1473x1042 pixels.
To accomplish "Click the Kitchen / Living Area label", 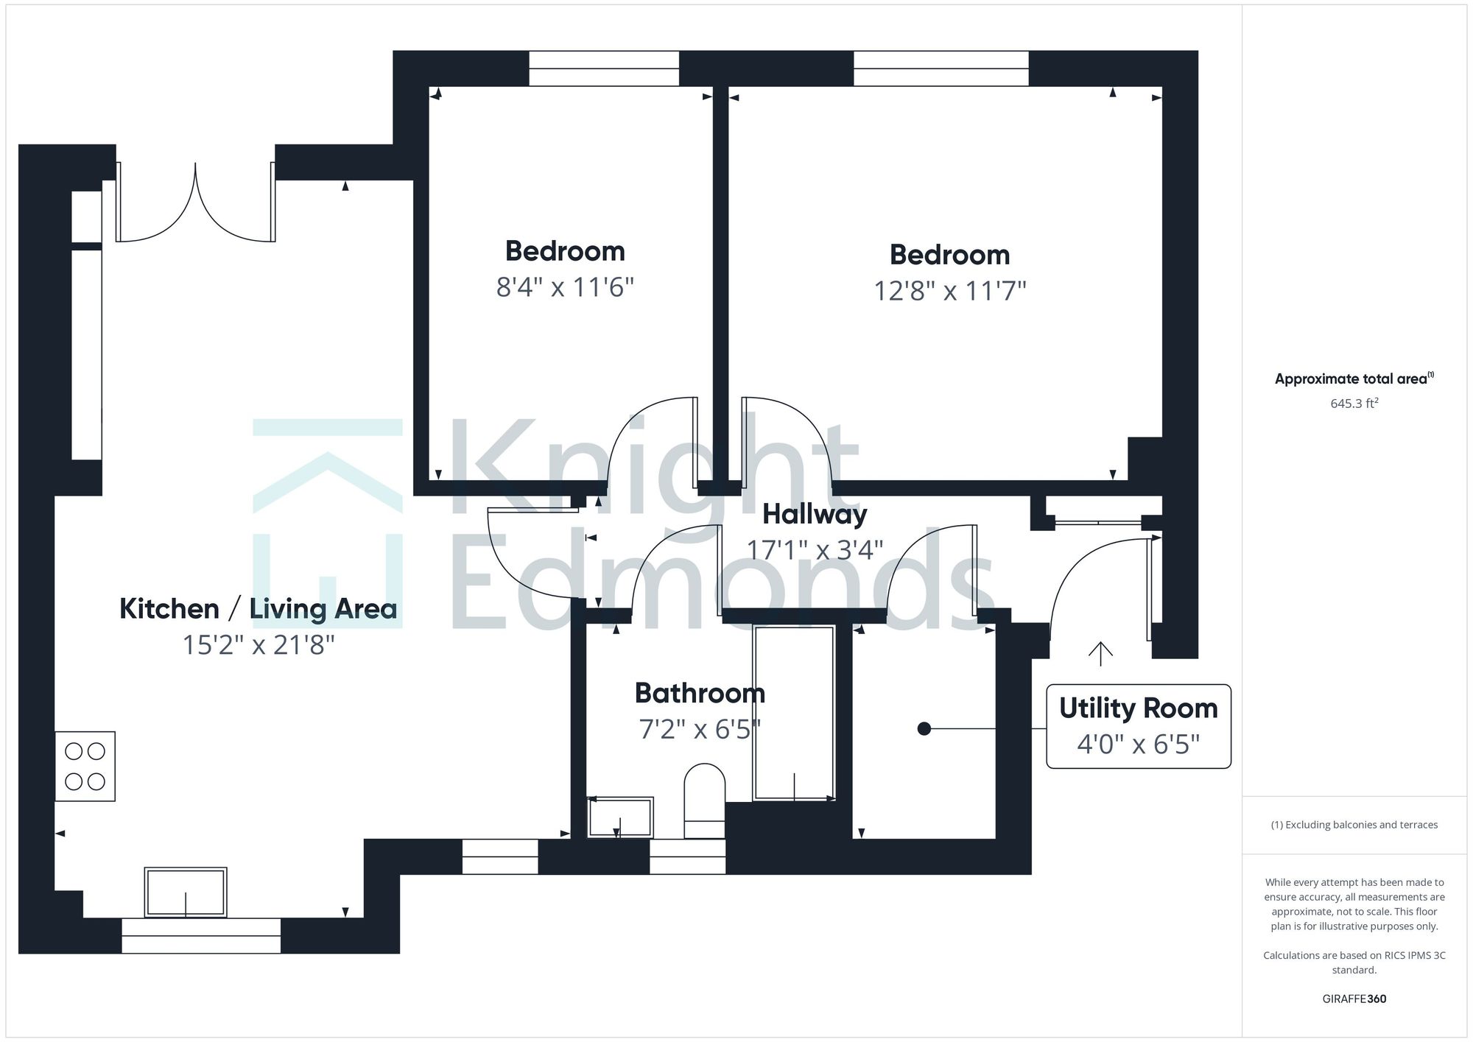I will pyautogui.click(x=258, y=609).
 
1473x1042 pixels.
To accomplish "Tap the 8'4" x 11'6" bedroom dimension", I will pyautogui.click(x=565, y=287).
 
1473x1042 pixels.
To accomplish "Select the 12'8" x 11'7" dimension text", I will pyautogui.click(x=949, y=291).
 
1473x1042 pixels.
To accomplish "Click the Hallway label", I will pyautogui.click(x=815, y=514).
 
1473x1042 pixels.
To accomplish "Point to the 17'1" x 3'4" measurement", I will pyautogui.click(x=815, y=550).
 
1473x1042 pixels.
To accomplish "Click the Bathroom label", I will pyautogui.click(x=700, y=693).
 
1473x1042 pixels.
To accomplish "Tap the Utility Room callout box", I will pyautogui.click(x=1138, y=726).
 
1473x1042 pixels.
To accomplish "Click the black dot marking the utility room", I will pyautogui.click(x=924, y=728).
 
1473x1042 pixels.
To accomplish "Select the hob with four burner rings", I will pyautogui.click(x=85, y=766).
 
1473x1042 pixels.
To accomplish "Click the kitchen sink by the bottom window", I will pyautogui.click(x=186, y=892).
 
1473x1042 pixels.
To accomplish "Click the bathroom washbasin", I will pyautogui.click(x=620, y=817).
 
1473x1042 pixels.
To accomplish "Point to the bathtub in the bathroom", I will pyautogui.click(x=794, y=713).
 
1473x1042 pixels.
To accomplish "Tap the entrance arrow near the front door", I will pyautogui.click(x=1100, y=653).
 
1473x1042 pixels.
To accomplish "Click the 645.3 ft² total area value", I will pyautogui.click(x=1354, y=404).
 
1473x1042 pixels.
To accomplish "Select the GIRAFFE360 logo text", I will pyautogui.click(x=1354, y=999).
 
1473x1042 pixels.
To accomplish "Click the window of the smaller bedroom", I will pyautogui.click(x=604, y=68).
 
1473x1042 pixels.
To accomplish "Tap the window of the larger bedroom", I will pyautogui.click(x=941, y=68).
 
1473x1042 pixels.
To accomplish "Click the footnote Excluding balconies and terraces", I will pyautogui.click(x=1354, y=825).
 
